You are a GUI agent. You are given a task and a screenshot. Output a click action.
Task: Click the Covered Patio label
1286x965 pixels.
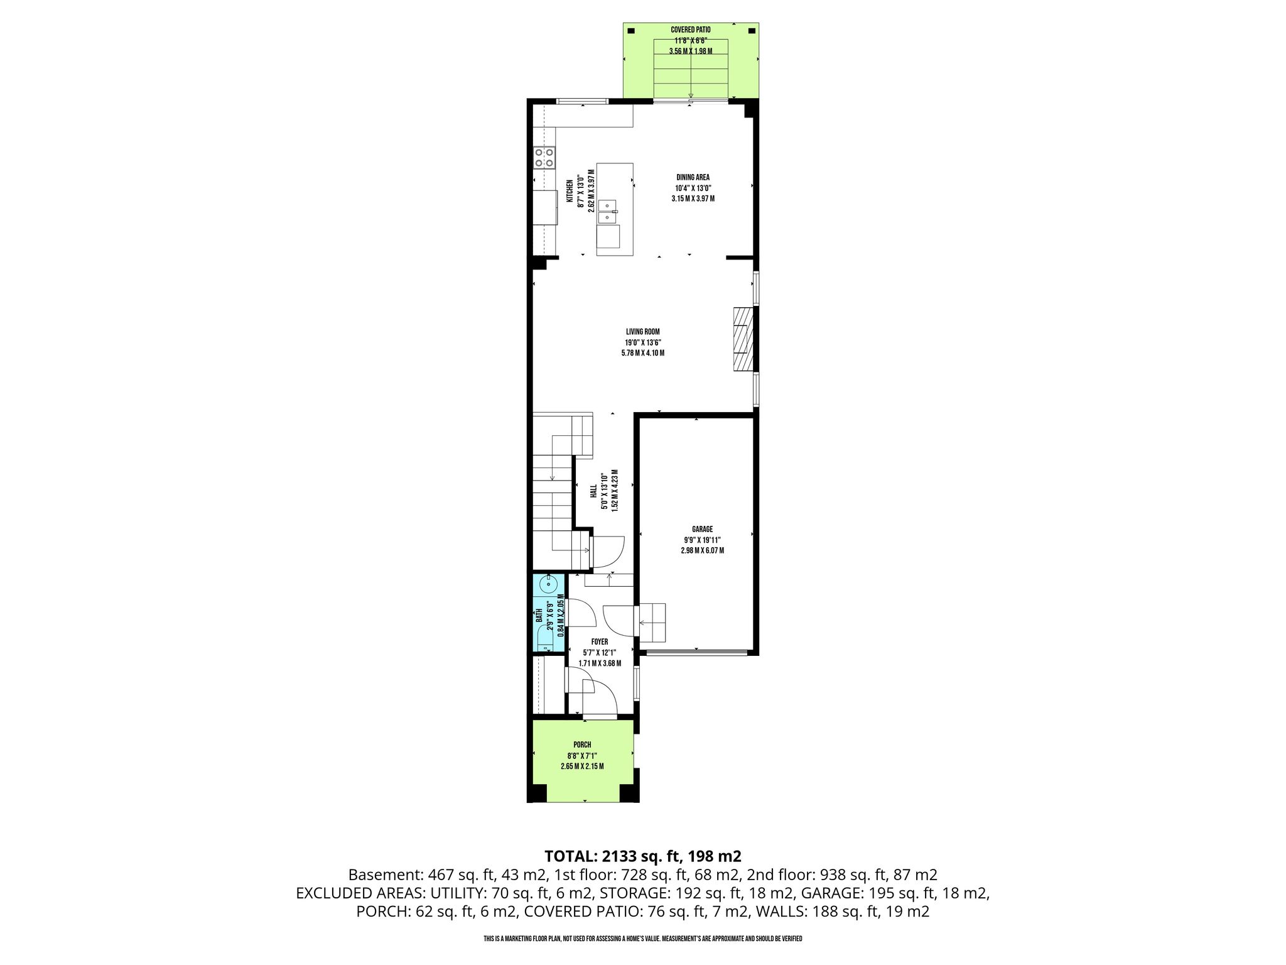click(x=691, y=30)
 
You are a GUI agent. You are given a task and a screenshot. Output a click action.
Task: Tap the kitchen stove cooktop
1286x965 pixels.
click(x=105, y=157)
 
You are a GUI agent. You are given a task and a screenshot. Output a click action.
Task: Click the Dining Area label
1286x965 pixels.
click(x=693, y=177)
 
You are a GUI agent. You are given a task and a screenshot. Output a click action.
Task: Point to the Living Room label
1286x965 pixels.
click(x=642, y=332)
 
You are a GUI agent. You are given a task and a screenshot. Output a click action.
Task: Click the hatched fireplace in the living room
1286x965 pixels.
click(x=743, y=340)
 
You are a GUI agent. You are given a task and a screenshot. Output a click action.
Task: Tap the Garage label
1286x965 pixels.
click(x=702, y=529)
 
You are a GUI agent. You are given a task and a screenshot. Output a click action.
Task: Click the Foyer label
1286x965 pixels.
click(x=600, y=641)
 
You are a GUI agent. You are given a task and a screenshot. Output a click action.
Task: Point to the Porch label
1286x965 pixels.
click(x=582, y=744)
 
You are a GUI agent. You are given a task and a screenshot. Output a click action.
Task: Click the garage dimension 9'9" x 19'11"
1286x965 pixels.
click(x=702, y=540)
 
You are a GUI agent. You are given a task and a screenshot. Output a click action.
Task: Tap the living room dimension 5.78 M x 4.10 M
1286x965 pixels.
click(x=642, y=353)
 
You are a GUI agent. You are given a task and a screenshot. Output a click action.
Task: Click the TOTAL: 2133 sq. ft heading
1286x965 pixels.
click(x=643, y=856)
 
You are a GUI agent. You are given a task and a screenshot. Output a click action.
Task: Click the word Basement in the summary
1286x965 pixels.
click(x=384, y=875)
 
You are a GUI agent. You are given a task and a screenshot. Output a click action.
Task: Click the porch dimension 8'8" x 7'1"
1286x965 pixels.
click(x=582, y=756)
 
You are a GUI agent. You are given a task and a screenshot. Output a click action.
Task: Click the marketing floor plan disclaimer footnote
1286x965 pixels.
click(x=643, y=939)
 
